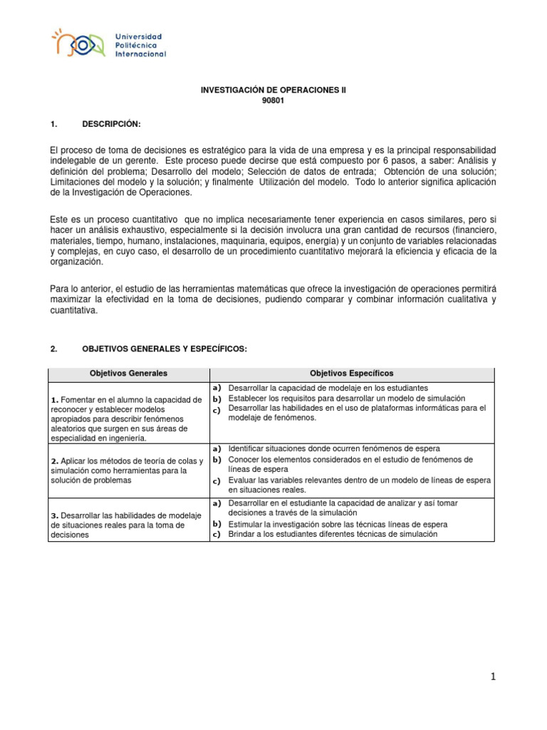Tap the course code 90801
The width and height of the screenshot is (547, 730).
click(x=273, y=102)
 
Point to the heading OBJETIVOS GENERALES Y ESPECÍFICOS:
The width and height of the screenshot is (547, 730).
click(x=165, y=349)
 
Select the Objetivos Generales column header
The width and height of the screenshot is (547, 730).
click(x=128, y=374)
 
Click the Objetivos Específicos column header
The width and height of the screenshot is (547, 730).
click(x=351, y=374)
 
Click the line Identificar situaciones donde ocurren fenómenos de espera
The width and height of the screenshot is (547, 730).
click(x=334, y=448)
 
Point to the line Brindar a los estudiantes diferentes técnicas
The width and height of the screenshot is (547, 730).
click(x=333, y=535)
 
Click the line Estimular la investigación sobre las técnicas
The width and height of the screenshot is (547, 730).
click(x=338, y=524)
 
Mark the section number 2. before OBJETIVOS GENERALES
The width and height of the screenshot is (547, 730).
click(x=53, y=349)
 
